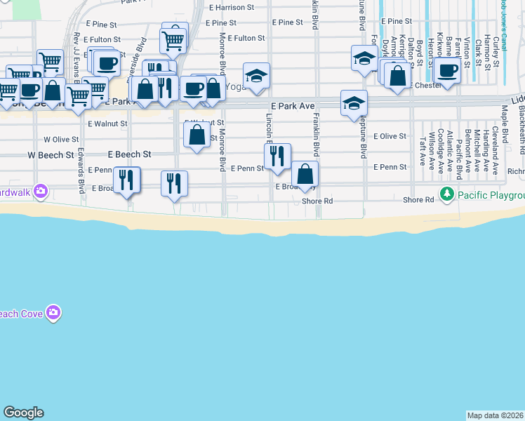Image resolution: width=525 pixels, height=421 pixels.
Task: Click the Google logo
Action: (x=24, y=413)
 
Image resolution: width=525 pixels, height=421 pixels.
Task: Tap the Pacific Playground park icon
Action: (x=446, y=193)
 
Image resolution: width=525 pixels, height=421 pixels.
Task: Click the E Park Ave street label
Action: (x=292, y=105)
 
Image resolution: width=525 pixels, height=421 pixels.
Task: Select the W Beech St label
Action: (x=51, y=154)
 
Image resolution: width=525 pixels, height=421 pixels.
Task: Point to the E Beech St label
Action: (x=129, y=154)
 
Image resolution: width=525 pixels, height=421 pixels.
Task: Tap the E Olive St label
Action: (x=390, y=136)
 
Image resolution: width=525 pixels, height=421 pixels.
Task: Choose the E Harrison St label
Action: (x=232, y=8)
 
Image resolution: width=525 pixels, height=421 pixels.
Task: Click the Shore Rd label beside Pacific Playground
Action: (x=418, y=200)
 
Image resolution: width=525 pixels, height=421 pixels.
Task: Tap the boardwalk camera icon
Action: (x=40, y=190)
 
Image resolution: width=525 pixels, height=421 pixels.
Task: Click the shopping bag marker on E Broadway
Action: (x=305, y=173)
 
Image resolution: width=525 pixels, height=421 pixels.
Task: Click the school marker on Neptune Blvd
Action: (x=354, y=102)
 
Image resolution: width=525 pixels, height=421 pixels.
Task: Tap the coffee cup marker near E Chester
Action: (x=447, y=69)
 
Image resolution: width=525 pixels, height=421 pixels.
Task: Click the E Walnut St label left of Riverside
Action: (x=108, y=123)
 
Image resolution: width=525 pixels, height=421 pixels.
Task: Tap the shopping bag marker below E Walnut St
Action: (x=197, y=133)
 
